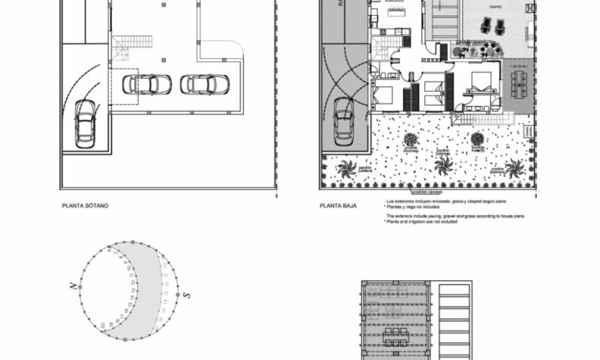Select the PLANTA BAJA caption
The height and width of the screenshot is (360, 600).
(x=337, y=203)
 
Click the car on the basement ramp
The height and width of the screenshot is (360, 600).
(x=86, y=123)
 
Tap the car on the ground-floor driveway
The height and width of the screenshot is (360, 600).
(x=343, y=120)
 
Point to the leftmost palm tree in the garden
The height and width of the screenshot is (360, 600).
(x=346, y=169)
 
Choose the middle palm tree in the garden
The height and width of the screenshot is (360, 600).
(x=444, y=164)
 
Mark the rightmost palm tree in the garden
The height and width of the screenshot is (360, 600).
(x=514, y=167)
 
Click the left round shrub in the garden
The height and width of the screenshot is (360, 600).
(x=410, y=139)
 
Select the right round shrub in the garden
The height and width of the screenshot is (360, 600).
(x=478, y=139)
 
